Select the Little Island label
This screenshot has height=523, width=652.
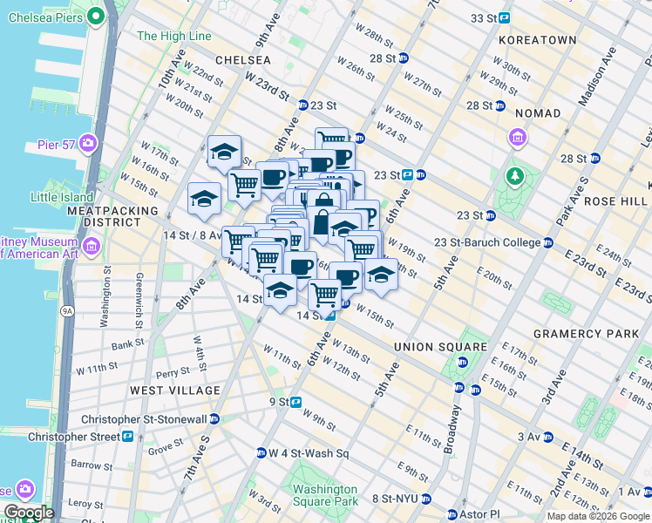pos(62,197)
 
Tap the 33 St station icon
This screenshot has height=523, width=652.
pos(505,17)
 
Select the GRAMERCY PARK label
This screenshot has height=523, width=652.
pos(574,334)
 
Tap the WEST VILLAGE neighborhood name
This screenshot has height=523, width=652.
pos(175,390)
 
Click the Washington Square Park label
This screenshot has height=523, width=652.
pos(325,495)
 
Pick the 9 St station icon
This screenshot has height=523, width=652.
pos(296,402)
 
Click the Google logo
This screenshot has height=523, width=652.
pos(28,513)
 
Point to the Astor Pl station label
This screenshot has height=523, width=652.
pos(483,514)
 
